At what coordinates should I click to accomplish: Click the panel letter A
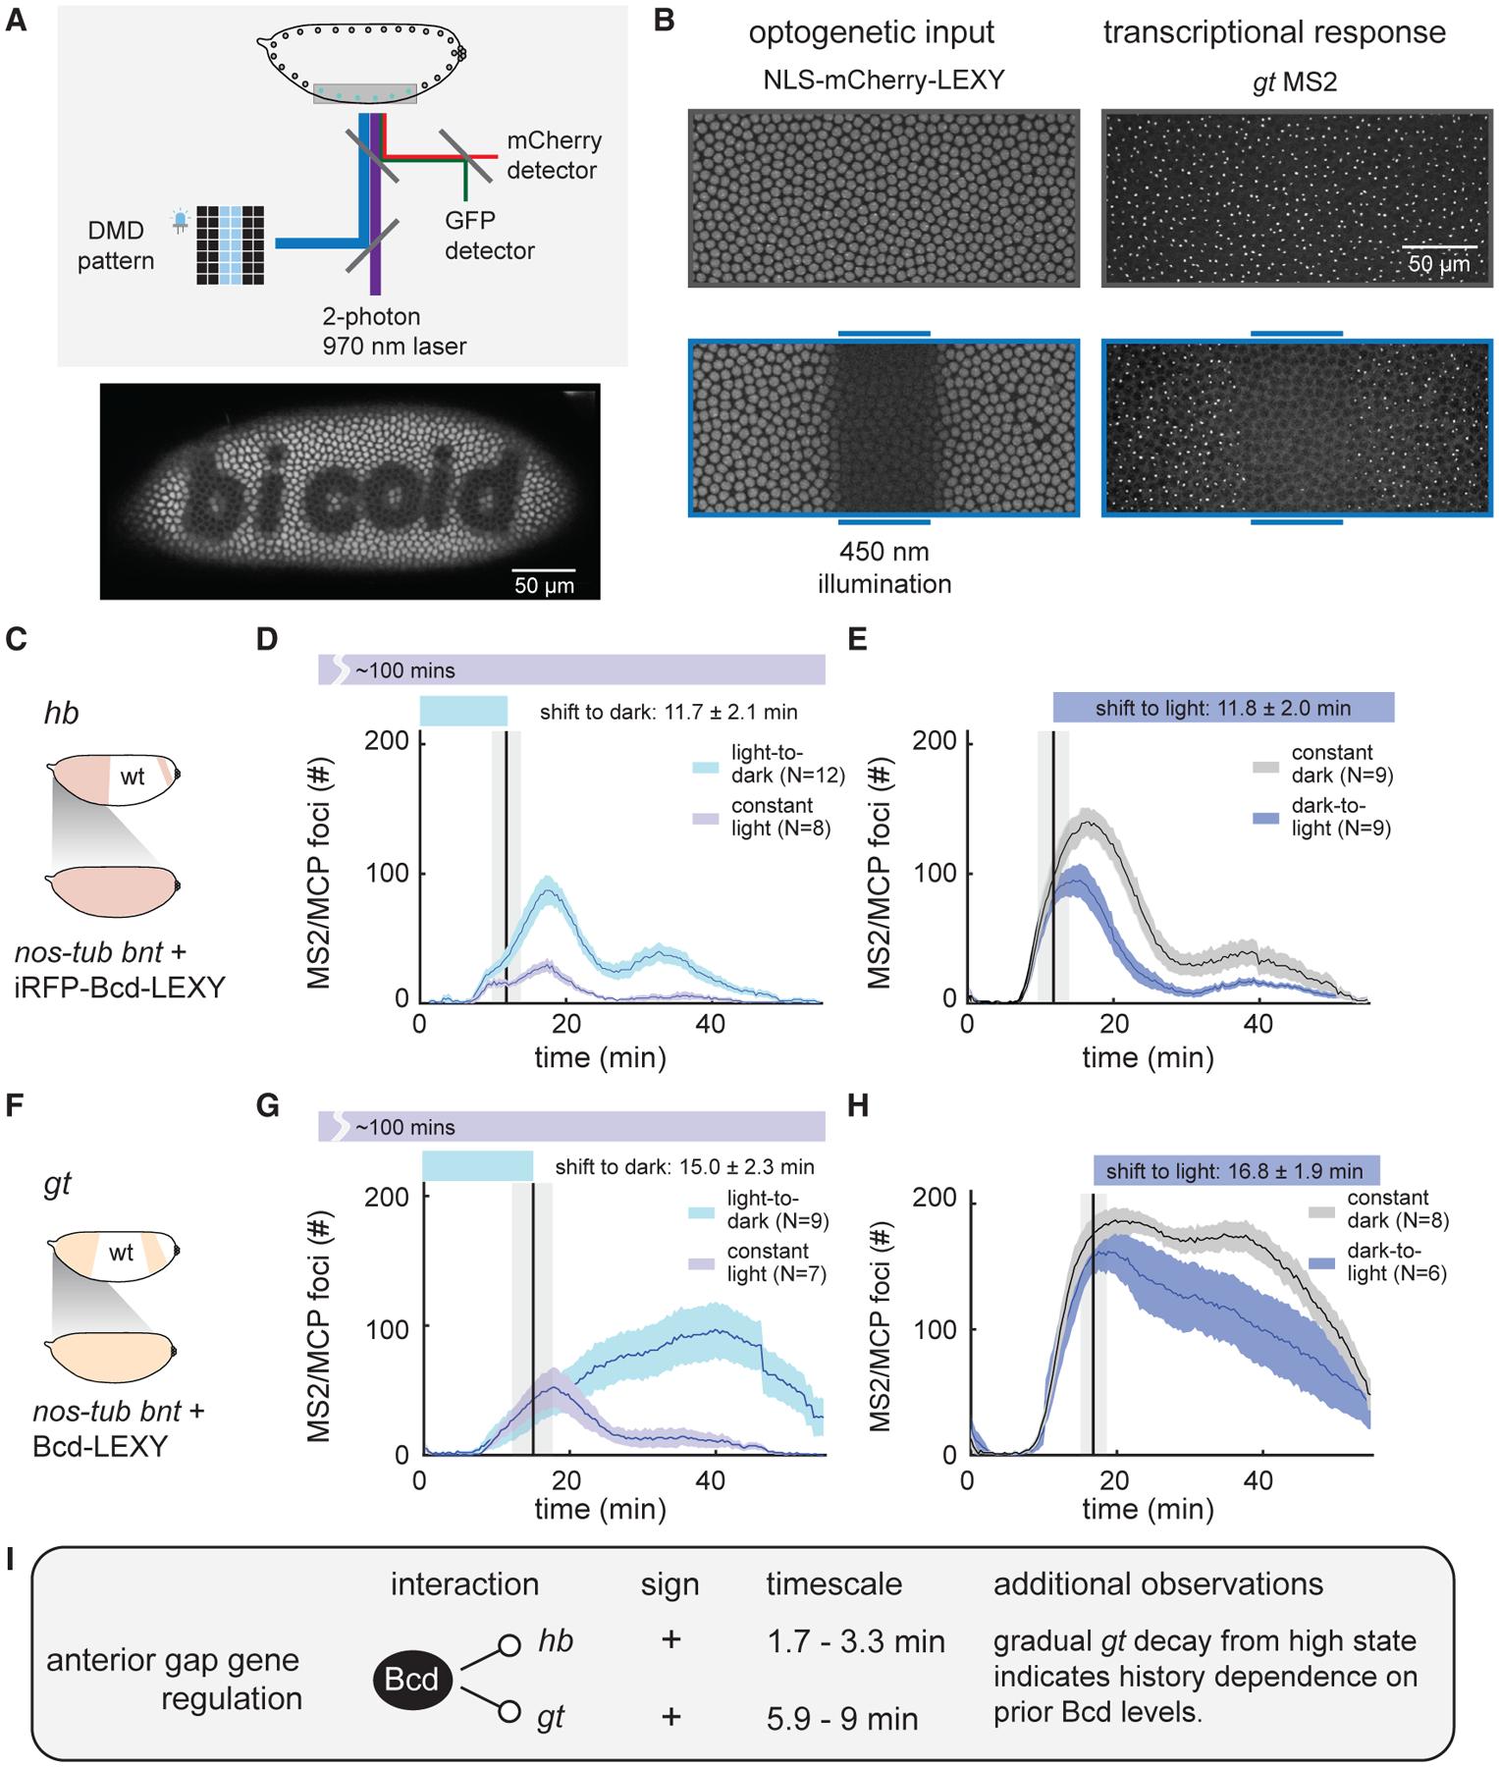coord(17,21)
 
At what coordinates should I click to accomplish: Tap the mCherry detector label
coord(553,155)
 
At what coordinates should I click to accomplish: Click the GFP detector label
coord(489,236)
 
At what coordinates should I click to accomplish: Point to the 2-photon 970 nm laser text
coord(394,331)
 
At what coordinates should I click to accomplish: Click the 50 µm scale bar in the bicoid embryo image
coord(544,570)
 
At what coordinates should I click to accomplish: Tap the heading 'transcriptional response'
coord(1273,32)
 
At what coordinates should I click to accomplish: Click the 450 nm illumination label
coord(883,568)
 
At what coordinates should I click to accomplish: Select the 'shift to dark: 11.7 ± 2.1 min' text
coord(668,712)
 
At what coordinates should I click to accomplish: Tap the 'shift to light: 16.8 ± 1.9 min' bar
coord(1234,1171)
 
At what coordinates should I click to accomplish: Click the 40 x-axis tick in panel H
coord(1258,1480)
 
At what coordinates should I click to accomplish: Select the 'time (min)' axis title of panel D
coord(600,1058)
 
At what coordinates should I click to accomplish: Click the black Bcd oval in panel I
coord(411,1680)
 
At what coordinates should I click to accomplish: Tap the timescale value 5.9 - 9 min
coord(841,1719)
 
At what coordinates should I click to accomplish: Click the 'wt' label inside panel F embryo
coord(121,1252)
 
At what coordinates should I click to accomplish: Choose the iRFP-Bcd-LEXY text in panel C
coord(121,986)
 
